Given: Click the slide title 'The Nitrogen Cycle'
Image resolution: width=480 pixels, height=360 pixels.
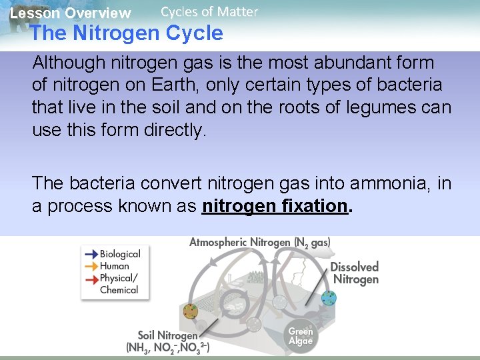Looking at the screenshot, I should pos(127,33).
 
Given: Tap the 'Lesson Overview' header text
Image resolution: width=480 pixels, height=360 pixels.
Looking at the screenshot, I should pos(70,13).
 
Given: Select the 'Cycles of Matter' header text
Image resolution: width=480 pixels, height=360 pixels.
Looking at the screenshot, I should pos(209,11).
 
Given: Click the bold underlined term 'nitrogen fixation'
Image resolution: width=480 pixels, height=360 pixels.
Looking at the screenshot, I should pos(275,206).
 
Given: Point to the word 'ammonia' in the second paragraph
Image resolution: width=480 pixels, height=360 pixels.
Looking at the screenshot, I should pos(388,183).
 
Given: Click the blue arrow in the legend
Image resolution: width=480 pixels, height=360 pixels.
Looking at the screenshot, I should pos(90,254).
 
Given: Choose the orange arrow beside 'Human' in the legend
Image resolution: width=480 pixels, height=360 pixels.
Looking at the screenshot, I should pos(90,266).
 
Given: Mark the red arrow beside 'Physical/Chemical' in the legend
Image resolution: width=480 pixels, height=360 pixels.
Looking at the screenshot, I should pos(90,278).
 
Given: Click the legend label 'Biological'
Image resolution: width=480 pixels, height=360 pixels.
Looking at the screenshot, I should pos(120,254).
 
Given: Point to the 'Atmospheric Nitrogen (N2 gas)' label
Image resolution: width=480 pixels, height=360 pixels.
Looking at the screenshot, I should pos(260,243).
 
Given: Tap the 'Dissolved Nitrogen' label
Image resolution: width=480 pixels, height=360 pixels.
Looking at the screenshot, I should pos(355,273).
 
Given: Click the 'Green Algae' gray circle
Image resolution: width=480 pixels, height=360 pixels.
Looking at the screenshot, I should pos(300,335).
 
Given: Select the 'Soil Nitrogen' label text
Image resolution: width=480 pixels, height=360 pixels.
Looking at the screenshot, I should pos(167,335).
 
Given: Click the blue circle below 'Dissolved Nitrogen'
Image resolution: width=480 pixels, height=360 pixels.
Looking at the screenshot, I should pos(328,298).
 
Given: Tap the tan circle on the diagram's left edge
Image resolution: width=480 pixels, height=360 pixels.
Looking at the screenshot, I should pos(191,311).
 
